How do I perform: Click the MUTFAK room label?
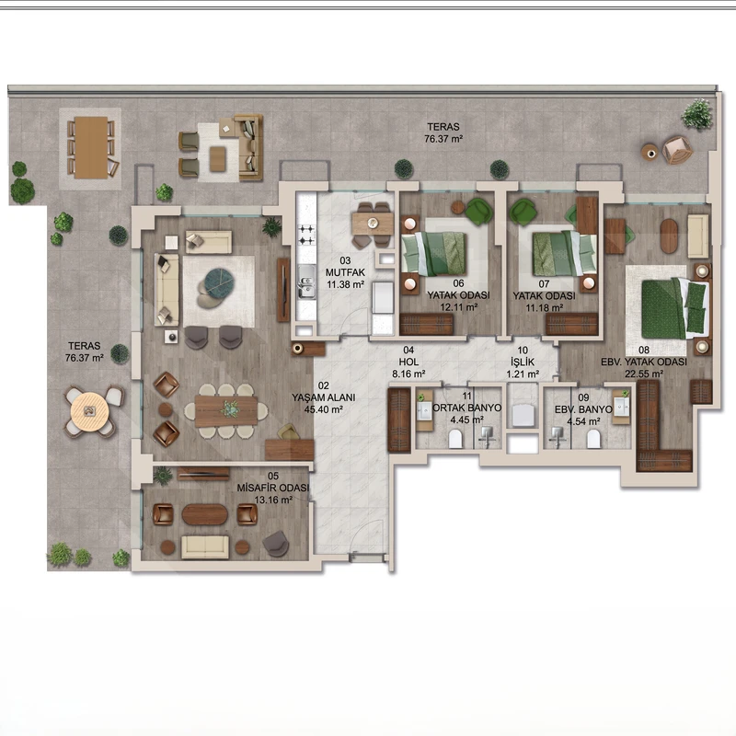click(345, 272)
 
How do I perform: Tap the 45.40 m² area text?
click(324, 409)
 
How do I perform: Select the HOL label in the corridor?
click(408, 362)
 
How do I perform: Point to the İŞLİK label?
click(523, 362)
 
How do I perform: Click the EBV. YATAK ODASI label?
click(643, 362)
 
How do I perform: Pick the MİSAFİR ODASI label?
click(272, 489)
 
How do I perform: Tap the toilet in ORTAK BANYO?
click(455, 440)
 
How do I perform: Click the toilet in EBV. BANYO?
click(593, 439)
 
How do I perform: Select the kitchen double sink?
click(306, 287)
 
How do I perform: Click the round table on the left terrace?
click(89, 411)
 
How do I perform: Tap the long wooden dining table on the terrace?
click(91, 147)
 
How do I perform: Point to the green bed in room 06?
click(434, 254)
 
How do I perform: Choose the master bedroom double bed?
click(674, 308)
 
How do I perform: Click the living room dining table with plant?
click(225, 411)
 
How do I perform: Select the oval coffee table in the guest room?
click(204, 514)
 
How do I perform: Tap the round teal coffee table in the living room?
click(218, 283)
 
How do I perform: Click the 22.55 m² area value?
click(643, 374)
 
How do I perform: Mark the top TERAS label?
click(443, 127)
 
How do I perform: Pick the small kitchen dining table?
click(373, 224)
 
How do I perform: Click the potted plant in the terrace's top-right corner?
click(697, 114)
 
